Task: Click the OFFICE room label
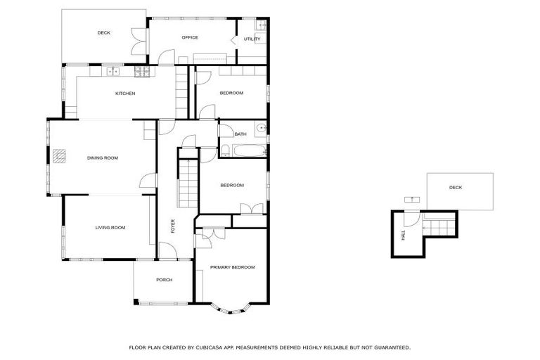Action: [190, 37]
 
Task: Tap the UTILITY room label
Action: [252, 39]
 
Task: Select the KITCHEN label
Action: [125, 94]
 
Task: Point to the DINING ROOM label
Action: [102, 157]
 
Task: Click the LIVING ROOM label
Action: [110, 227]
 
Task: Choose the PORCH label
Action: [164, 280]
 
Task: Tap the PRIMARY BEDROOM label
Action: [232, 267]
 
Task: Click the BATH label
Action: [240, 134]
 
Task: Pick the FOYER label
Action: [173, 226]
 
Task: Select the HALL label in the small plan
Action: [404, 236]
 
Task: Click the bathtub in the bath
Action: [243, 150]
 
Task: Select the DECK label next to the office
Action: [104, 32]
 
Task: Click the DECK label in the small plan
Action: [456, 187]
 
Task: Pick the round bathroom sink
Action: [260, 129]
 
